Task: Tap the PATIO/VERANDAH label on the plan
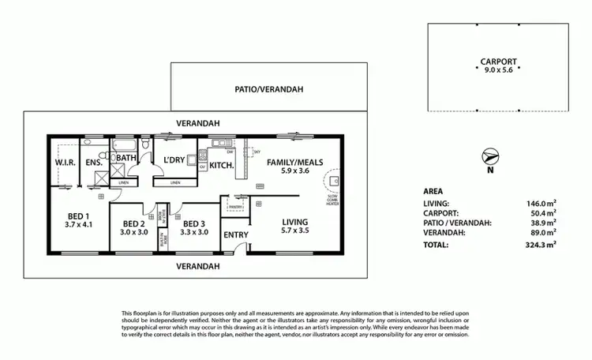pos(269,90)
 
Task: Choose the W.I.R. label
pos(65,162)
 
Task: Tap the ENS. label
pos(94,162)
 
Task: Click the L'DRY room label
pos(174,161)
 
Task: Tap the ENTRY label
pos(235,234)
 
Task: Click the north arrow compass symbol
pos(490,157)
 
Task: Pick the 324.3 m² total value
pos(542,246)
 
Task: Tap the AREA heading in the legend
pos(433,191)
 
